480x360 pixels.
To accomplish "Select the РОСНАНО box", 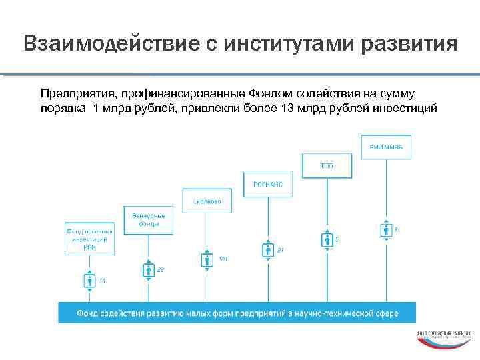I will coord(267,185).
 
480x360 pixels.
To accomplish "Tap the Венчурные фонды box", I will coord(148,219).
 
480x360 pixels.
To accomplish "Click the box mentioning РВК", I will coord(89,238).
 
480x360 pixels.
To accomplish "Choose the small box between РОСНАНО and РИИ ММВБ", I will coord(327,165).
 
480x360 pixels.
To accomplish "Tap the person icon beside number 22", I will coord(148,270).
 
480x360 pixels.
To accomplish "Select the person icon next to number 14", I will coord(89,281).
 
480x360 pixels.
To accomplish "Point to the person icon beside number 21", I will coord(267,251).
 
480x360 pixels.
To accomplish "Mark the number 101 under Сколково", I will coord(223,259).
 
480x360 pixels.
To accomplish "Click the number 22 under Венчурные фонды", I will coord(161,270).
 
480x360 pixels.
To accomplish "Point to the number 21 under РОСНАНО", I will coord(281,250).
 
